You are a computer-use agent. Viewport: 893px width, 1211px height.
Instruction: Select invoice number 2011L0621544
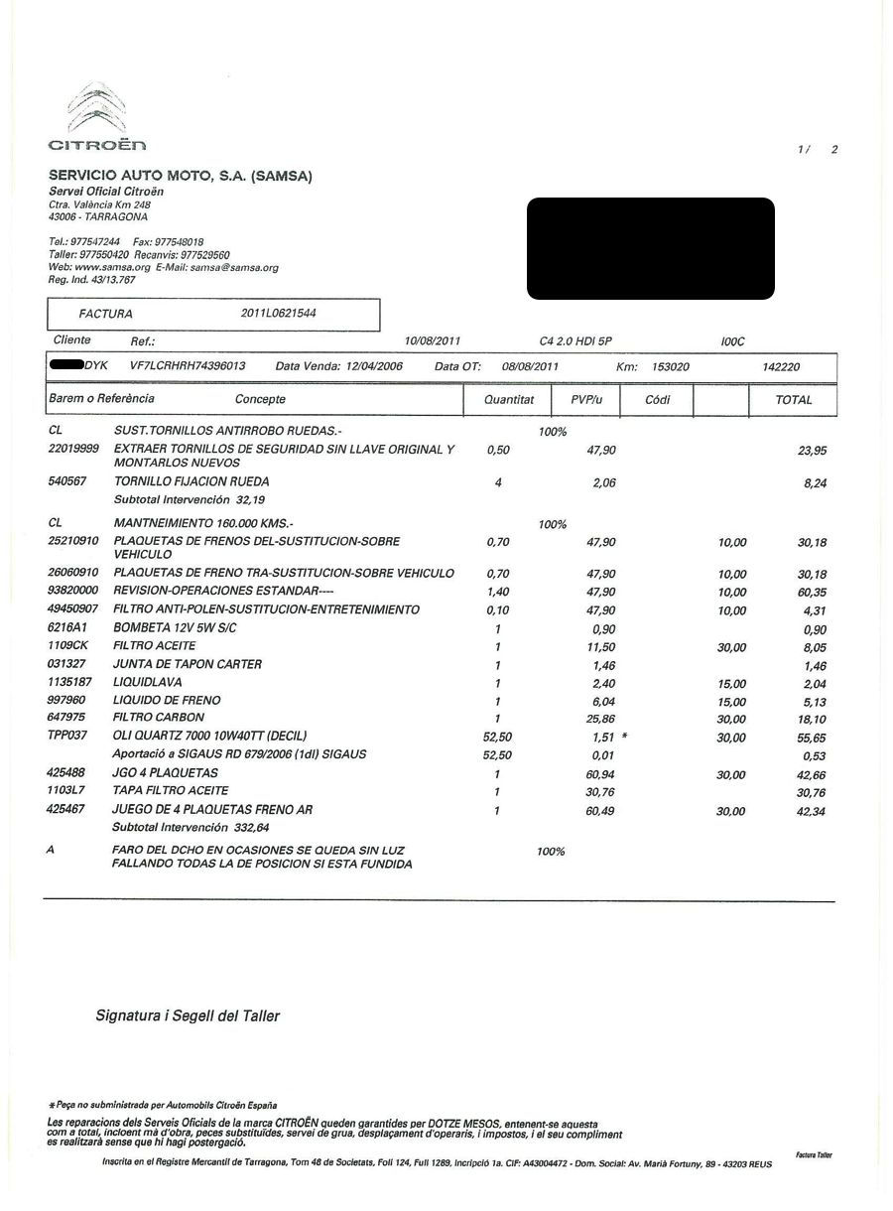(279, 314)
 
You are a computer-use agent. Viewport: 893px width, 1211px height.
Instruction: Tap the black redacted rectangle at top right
(650, 248)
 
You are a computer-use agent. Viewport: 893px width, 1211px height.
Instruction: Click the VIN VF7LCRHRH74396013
(188, 366)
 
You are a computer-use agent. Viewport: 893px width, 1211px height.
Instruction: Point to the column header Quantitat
(509, 400)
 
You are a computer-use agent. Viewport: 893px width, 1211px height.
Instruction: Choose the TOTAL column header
(794, 400)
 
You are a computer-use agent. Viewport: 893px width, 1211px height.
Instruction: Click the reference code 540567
(67, 481)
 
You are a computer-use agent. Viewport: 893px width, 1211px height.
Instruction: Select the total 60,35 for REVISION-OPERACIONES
(811, 593)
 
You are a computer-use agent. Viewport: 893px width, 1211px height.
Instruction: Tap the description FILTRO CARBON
(159, 717)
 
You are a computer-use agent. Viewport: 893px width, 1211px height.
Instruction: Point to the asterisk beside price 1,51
(624, 737)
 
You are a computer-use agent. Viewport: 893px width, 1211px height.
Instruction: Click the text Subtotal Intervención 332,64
(191, 826)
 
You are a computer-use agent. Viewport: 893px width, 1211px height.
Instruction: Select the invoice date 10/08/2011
(433, 340)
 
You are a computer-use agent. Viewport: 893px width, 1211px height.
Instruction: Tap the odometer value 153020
(671, 367)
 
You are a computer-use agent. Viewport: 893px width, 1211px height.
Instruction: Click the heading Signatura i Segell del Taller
(188, 1015)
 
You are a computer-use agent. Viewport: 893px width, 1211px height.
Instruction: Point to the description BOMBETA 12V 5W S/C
(176, 628)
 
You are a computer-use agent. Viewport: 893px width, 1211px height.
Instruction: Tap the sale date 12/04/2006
(374, 366)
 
